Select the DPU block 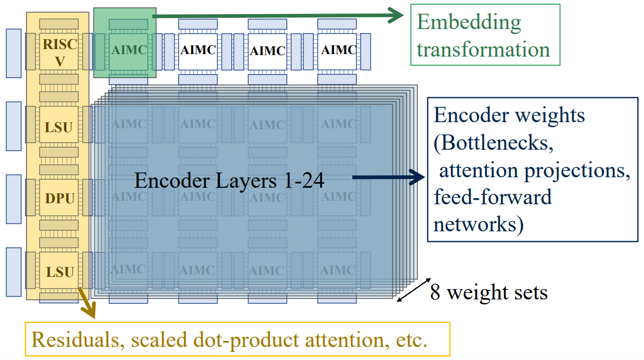tap(60, 199)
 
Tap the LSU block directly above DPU tap(59, 127)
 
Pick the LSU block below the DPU tap(60, 272)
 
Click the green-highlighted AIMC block tap(129, 50)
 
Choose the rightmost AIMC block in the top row tap(338, 50)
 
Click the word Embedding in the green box tap(469, 23)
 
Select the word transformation tap(483, 50)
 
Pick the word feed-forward tap(492, 197)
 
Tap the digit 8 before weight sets tap(435, 292)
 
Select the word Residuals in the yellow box tap(77, 340)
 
